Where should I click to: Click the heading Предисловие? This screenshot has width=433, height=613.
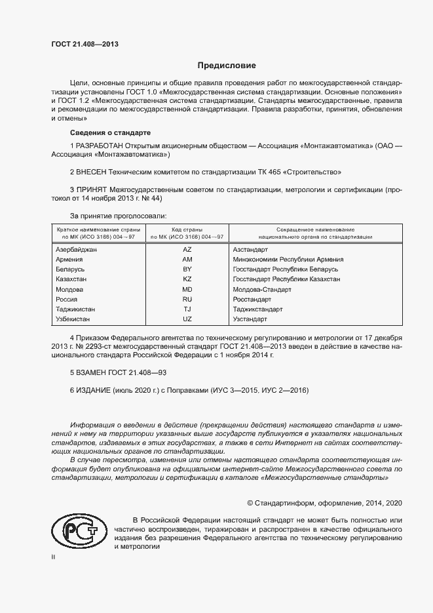[227, 66]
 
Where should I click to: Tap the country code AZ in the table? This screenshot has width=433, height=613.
[187, 250]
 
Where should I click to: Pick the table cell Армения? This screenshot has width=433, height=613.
[69, 260]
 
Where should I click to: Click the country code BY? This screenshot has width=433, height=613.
[187, 269]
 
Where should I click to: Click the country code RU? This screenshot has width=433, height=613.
[187, 299]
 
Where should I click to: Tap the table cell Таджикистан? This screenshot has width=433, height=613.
[75, 309]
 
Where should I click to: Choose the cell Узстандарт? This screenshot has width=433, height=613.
[250, 319]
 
